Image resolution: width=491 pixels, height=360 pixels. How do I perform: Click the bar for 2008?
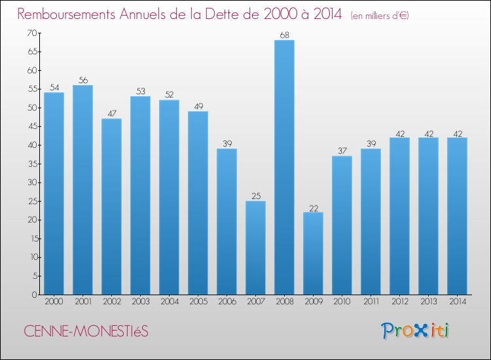pos(284,168)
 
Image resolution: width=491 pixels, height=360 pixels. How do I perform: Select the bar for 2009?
pos(313,253)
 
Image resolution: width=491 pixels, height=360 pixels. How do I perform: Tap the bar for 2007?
pos(255,247)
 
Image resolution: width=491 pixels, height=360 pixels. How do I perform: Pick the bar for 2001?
pos(82,190)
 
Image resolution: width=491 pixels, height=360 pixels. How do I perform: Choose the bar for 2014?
pos(457,216)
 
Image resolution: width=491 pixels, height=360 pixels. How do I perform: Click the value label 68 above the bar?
pos(284,35)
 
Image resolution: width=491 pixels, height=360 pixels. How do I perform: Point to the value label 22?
pos(313,207)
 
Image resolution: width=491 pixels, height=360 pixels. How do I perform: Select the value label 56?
pos(82,81)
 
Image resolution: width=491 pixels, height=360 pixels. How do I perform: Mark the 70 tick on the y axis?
pos(31,33)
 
